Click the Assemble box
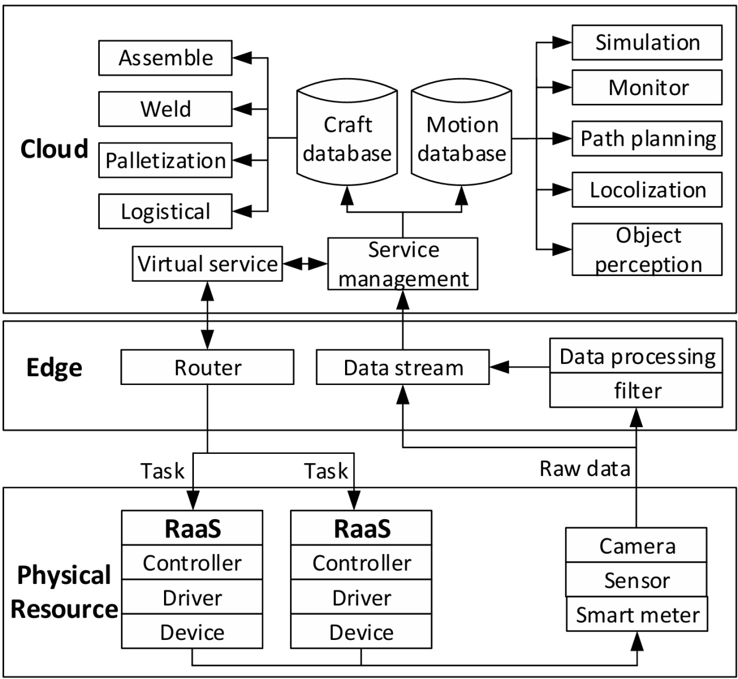pyautogui.click(x=165, y=58)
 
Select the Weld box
pyautogui.click(x=165, y=109)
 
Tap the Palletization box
pyautogui.click(x=165, y=160)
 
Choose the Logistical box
pyautogui.click(x=165, y=211)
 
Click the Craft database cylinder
pyautogui.click(x=347, y=139)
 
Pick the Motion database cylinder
pyautogui.click(x=461, y=139)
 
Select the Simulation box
pyautogui.click(x=647, y=43)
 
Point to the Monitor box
pyautogui.click(x=647, y=87)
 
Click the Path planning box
pyautogui.click(x=647, y=139)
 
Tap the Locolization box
pyautogui.click(x=647, y=190)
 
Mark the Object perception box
pyautogui.click(x=647, y=250)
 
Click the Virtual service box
pyautogui.click(x=207, y=264)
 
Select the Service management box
pyautogui.click(x=403, y=264)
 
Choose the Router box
pyautogui.click(x=207, y=367)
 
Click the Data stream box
pyautogui.click(x=403, y=367)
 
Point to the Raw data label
pyautogui.click(x=584, y=468)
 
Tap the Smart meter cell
pyautogui.click(x=637, y=614)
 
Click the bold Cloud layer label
pyautogui.click(x=54, y=149)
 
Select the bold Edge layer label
pyautogui.click(x=54, y=367)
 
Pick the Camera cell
pyautogui.click(x=636, y=546)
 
